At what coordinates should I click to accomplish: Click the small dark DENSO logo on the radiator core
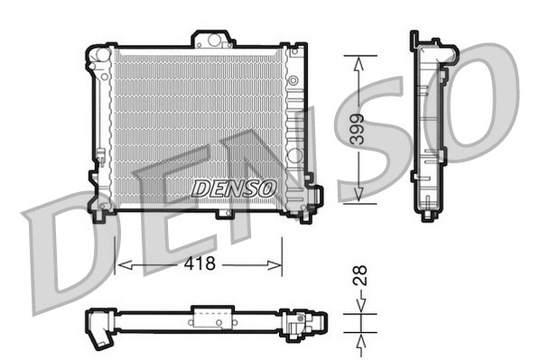click(233, 188)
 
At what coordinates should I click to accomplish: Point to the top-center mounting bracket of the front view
click(213, 39)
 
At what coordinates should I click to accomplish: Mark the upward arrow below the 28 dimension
click(359, 340)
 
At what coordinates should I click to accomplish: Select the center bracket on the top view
click(212, 318)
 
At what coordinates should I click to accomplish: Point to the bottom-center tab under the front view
click(224, 214)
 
